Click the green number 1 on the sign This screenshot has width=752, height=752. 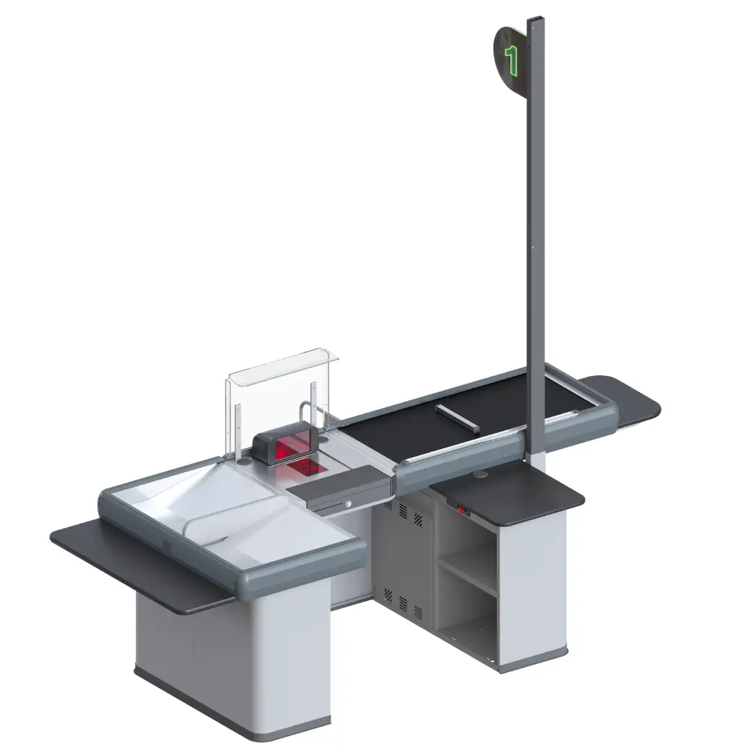pos(512,61)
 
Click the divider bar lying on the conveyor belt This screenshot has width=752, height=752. pos(457,417)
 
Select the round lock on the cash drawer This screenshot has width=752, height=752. pos(349,503)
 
